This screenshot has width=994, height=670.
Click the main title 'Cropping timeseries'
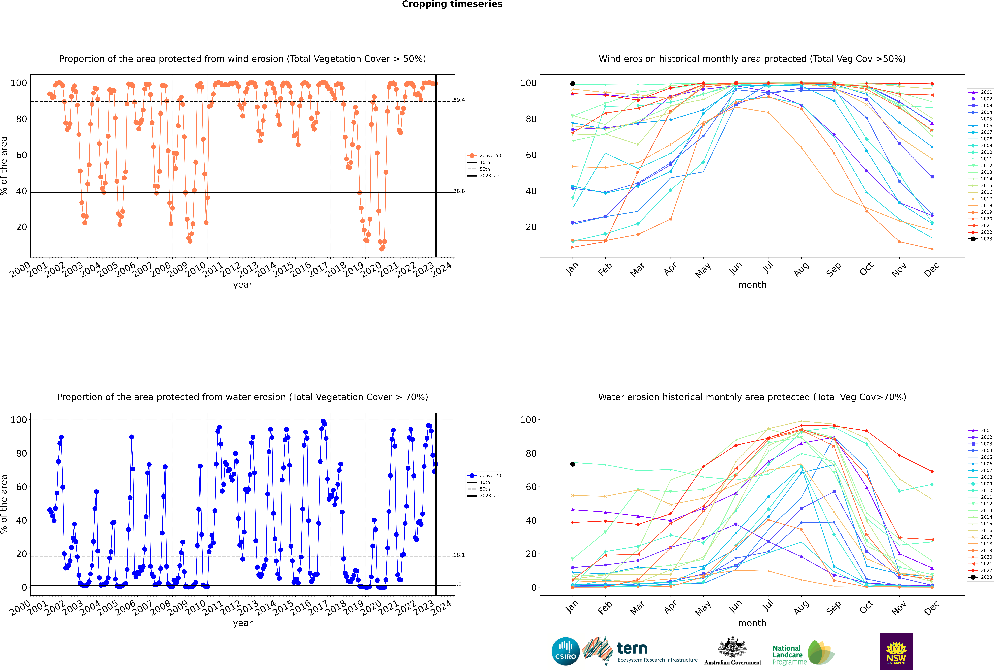(x=452, y=4)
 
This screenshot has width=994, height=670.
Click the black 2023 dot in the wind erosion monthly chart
(x=573, y=84)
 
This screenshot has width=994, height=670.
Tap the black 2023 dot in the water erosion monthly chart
(x=573, y=464)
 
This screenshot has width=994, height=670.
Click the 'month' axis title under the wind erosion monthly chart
(x=752, y=285)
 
